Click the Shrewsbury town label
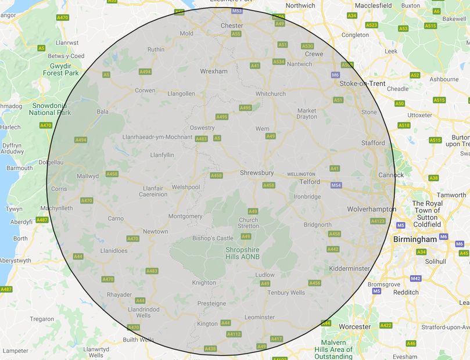click(257, 173)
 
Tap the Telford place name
click(310, 182)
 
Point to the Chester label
click(232, 26)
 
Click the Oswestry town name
click(202, 128)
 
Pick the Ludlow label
click(264, 275)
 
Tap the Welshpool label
click(185, 187)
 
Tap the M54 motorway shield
click(336, 185)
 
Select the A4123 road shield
click(378, 221)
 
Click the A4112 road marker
click(234, 334)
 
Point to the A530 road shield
click(307, 46)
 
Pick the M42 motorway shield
click(415, 279)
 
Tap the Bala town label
click(103, 111)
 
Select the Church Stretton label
click(249, 223)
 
